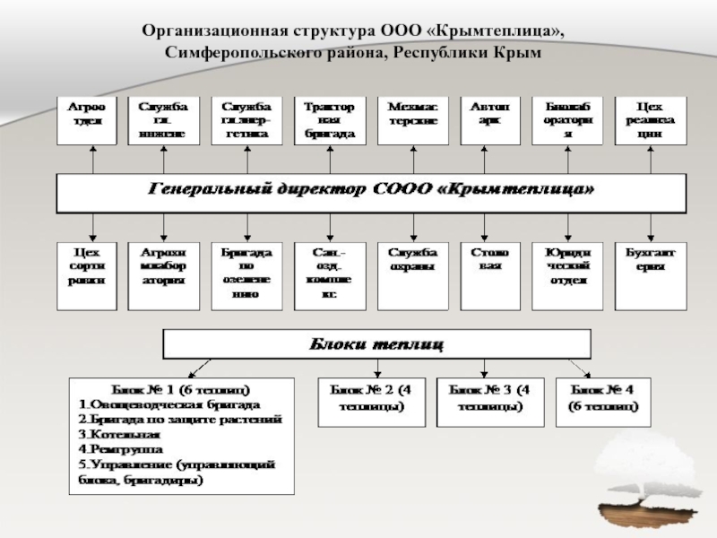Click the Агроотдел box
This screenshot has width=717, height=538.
click(x=87, y=120)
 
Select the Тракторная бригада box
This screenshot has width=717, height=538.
click(x=329, y=120)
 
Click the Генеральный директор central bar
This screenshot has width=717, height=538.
click(x=370, y=192)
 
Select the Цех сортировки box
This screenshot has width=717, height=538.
click(x=87, y=275)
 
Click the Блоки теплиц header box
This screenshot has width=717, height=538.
click(x=376, y=343)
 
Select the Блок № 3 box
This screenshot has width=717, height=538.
click(x=489, y=400)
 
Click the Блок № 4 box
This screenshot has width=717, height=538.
click(x=603, y=400)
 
